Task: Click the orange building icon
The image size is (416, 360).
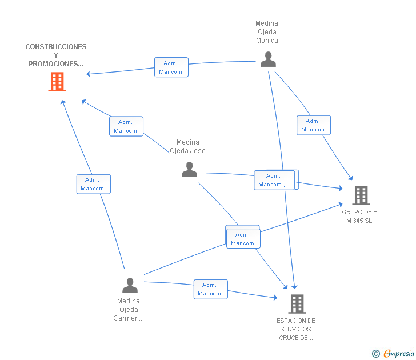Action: point(57,82)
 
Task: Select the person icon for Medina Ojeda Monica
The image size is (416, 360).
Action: point(268,59)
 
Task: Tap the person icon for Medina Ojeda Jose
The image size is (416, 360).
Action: point(190,170)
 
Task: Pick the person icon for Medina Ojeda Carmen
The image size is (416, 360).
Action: point(130,286)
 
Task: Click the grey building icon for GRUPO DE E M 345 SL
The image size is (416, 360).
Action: point(361,195)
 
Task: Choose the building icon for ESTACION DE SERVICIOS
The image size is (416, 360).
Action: point(297,304)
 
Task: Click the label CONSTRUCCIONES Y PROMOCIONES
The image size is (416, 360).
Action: point(56,55)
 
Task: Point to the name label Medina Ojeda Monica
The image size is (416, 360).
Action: point(267,32)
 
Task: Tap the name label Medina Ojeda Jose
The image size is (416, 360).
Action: point(187,146)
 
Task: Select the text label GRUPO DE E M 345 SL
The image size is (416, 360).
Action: point(359,216)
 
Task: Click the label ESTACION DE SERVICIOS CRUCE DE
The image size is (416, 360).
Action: point(296,329)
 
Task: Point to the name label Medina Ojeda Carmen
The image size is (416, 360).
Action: point(129,310)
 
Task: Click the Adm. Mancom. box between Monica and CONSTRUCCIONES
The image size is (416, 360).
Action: point(171,67)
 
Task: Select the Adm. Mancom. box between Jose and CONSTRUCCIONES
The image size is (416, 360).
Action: point(126,126)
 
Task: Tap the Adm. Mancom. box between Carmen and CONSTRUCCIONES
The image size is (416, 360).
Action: point(94,184)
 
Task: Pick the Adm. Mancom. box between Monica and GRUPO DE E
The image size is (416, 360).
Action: point(314,125)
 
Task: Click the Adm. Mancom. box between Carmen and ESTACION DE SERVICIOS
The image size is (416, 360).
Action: point(211,290)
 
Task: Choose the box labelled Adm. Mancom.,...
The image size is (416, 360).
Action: point(274,180)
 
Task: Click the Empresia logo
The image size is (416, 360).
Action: point(399,353)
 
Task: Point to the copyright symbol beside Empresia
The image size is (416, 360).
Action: point(376,354)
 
